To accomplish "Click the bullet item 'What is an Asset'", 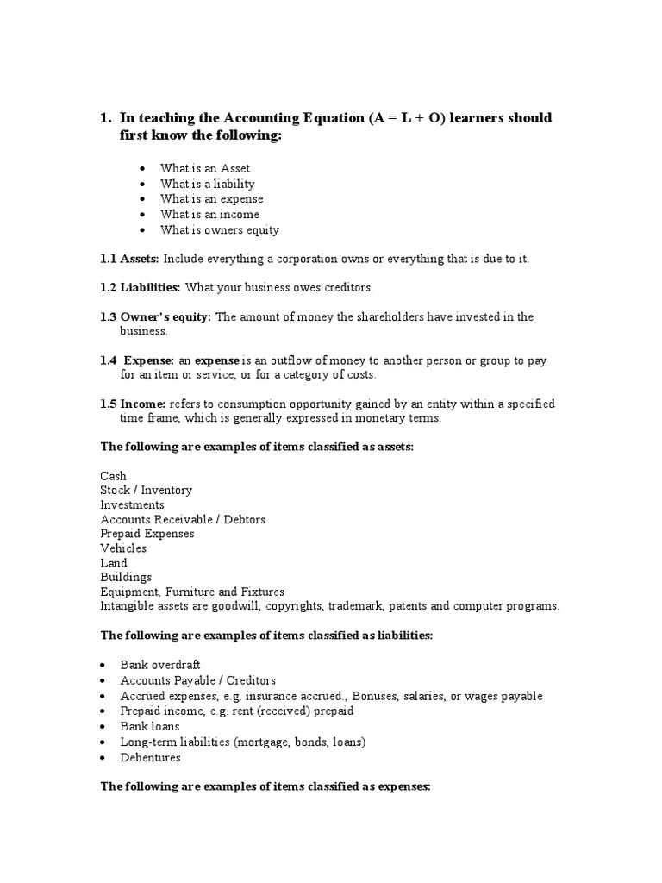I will [x=204, y=168].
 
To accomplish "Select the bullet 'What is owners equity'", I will [x=219, y=230].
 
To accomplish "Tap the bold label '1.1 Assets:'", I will [x=129, y=259].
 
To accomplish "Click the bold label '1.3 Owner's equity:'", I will [x=155, y=316].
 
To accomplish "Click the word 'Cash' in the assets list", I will [x=113, y=476].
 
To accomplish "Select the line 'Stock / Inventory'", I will [x=146, y=490].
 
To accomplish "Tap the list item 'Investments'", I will [x=132, y=504].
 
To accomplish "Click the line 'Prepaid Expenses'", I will [x=147, y=534].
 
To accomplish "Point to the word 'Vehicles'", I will [x=123, y=548].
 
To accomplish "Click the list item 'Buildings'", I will [x=125, y=577].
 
